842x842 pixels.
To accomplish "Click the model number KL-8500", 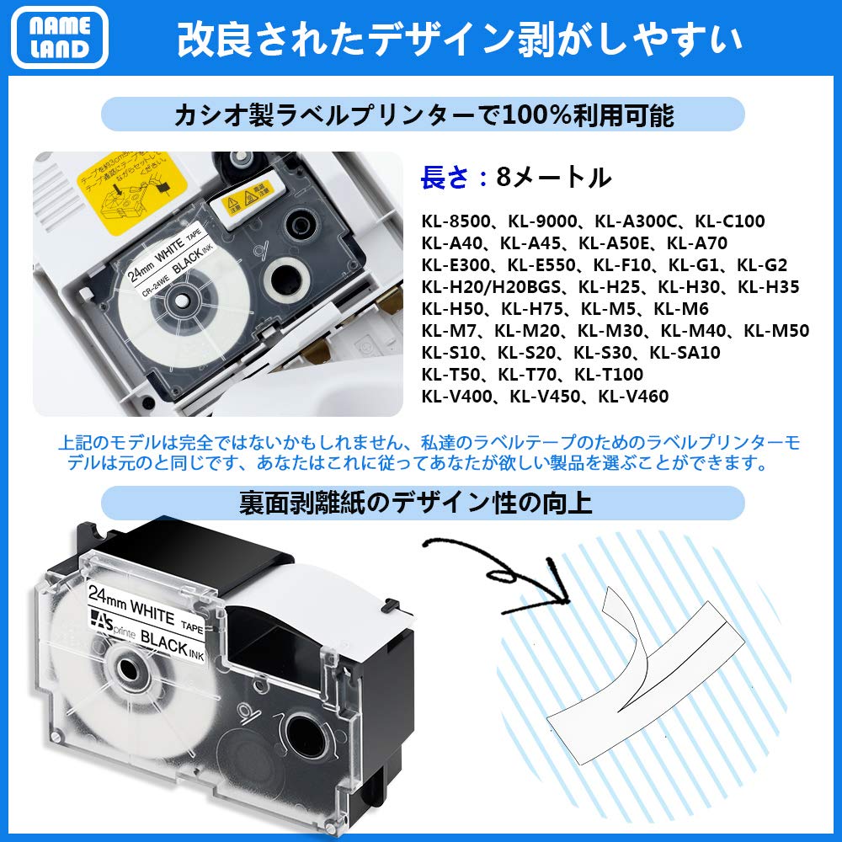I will [x=459, y=222].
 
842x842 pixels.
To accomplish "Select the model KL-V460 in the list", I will [x=633, y=397].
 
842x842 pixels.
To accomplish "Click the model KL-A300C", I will [x=634, y=222].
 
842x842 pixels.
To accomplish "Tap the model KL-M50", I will [x=775, y=331].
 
